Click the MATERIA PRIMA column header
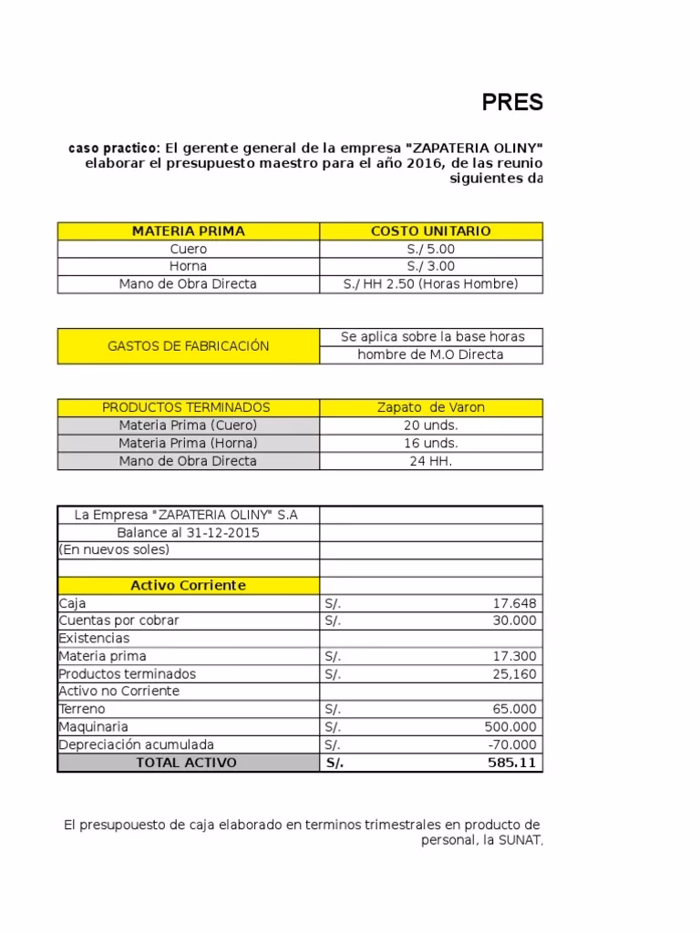(188, 231)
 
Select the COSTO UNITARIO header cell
(431, 231)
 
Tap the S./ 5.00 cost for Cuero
(431, 249)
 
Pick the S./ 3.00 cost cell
(431, 266)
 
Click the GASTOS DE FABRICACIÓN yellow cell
(188, 346)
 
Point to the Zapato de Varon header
(431, 407)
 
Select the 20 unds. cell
(431, 425)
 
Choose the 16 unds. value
(431, 443)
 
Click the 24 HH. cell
(431, 461)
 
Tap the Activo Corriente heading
(188, 586)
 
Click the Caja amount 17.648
(514, 603)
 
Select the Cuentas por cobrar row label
(118, 620)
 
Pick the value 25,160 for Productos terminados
(514, 674)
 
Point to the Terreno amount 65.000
(514, 709)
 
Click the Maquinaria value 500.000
(510, 727)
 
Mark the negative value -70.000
(512, 744)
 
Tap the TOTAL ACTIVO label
(186, 763)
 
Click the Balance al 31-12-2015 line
(188, 532)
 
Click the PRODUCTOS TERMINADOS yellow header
(186, 407)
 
